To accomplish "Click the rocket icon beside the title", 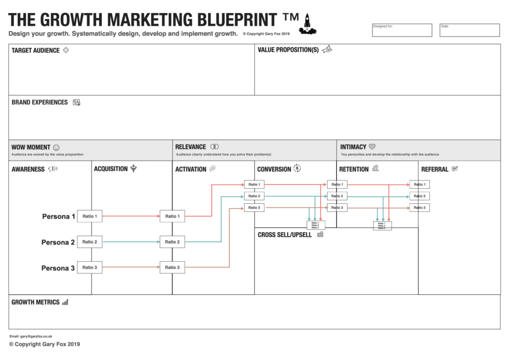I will coord(307,23).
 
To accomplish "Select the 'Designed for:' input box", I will coord(402,30).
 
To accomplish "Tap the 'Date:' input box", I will coord(469,30).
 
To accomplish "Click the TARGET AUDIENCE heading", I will coord(35,51).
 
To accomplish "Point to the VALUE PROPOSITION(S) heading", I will coord(288,50).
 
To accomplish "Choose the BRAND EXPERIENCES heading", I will coord(40,102).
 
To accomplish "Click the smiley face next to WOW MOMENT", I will coord(56,148).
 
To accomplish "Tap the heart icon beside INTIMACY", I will coord(372,147).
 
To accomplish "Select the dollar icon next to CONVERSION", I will coord(297,169).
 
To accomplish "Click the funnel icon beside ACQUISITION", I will coord(133,169).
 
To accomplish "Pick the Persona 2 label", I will coord(58,243).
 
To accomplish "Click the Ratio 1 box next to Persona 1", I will coord(89,216).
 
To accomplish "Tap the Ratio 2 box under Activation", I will coord(172,242).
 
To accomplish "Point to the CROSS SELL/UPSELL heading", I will coord(285,235).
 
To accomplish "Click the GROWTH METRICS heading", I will coord(35,302).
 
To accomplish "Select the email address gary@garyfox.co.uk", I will coord(31,337).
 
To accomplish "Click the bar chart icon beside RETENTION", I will coord(375,169).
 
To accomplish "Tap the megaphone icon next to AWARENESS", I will coord(53,169).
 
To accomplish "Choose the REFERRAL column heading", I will coord(434,170).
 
